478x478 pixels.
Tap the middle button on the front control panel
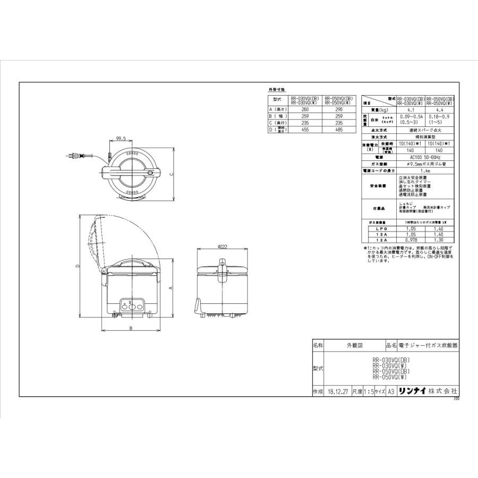(131, 305)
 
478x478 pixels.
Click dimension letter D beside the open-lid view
(78, 267)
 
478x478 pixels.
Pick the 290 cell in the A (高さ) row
(339, 109)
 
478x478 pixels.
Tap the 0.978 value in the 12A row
(410, 240)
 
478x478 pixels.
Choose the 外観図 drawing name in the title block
(354, 345)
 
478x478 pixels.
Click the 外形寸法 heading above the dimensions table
(277, 90)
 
